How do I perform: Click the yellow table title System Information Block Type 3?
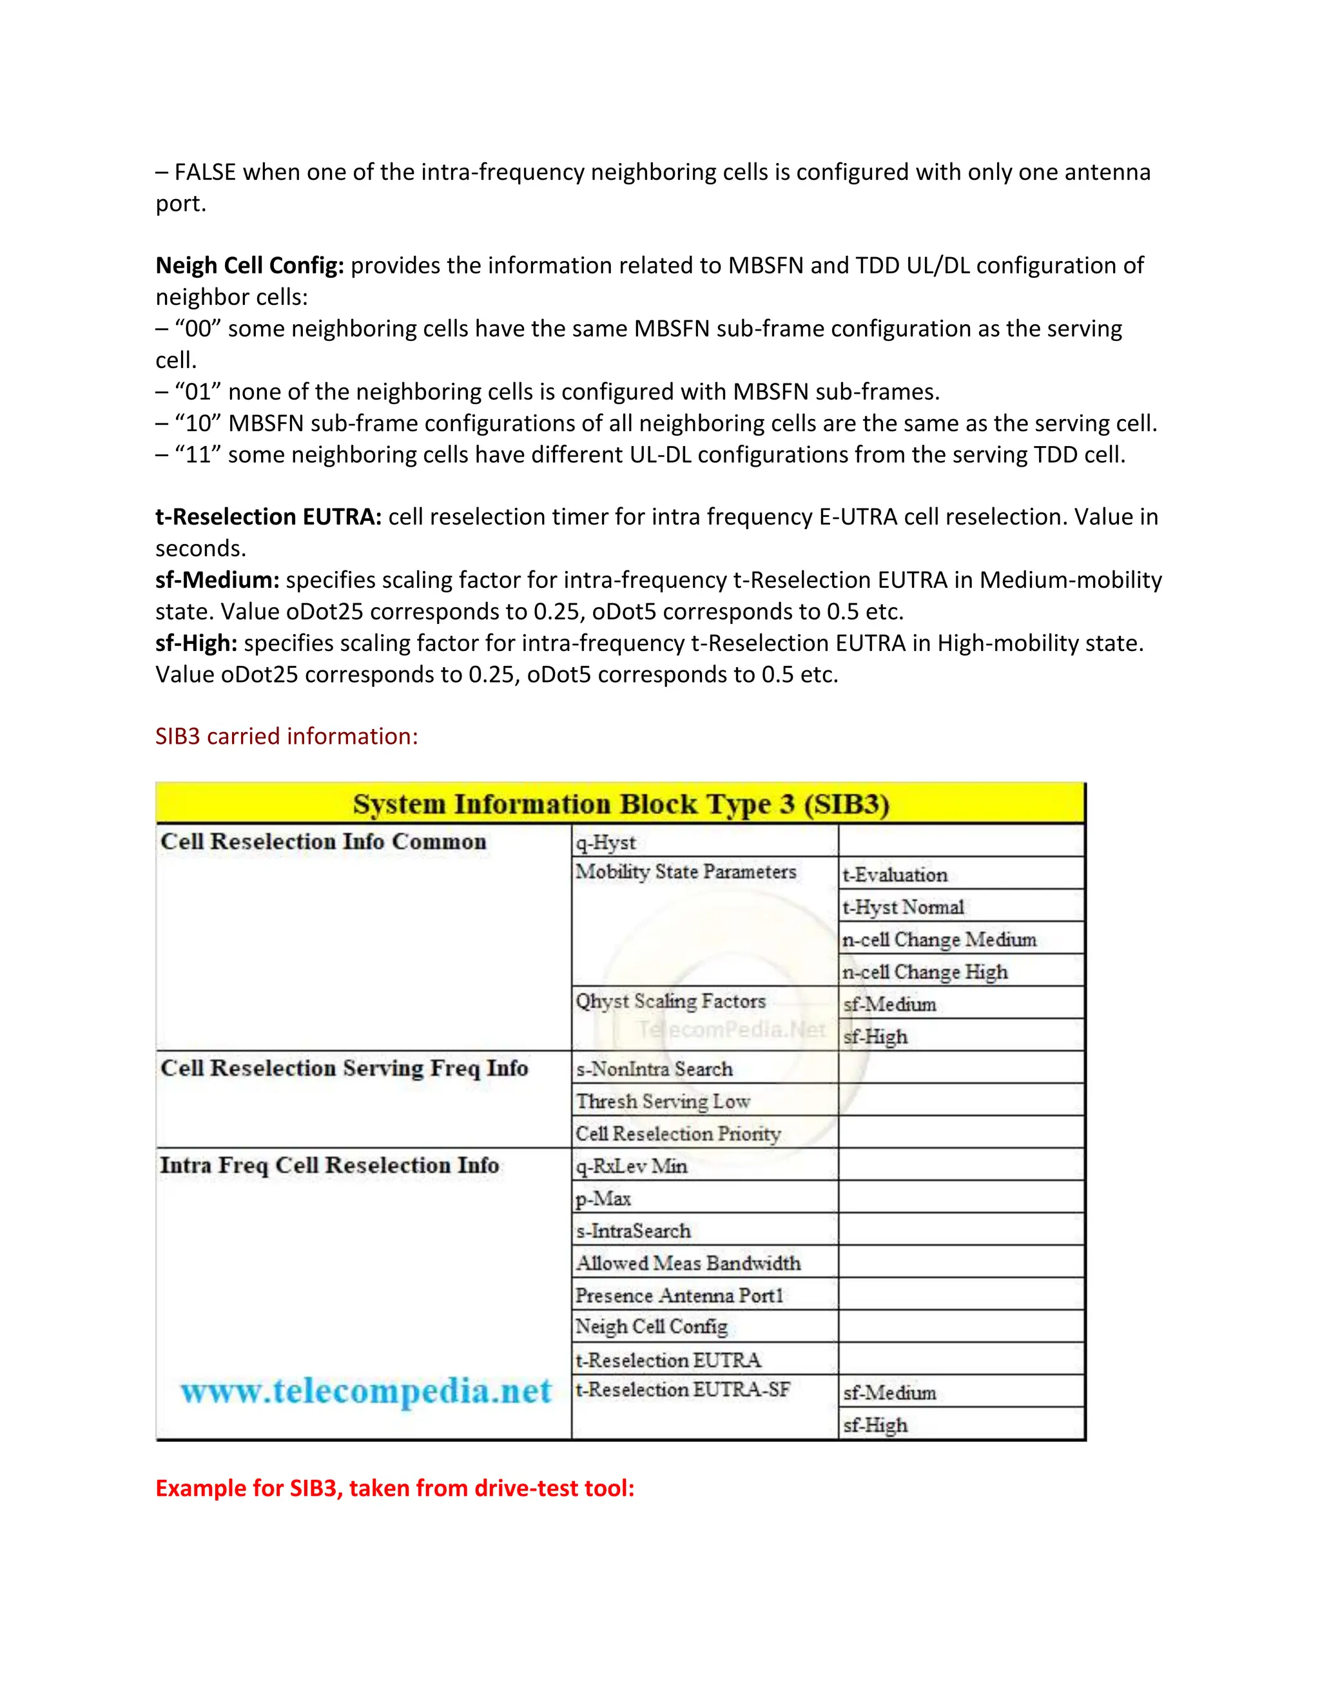coord(621,804)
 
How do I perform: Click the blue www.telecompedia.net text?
coord(365,1392)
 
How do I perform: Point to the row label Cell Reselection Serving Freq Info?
coord(344,1068)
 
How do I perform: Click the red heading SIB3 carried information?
coord(286,736)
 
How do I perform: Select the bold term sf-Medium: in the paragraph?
coord(217,579)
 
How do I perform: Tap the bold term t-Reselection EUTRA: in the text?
coord(268,517)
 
